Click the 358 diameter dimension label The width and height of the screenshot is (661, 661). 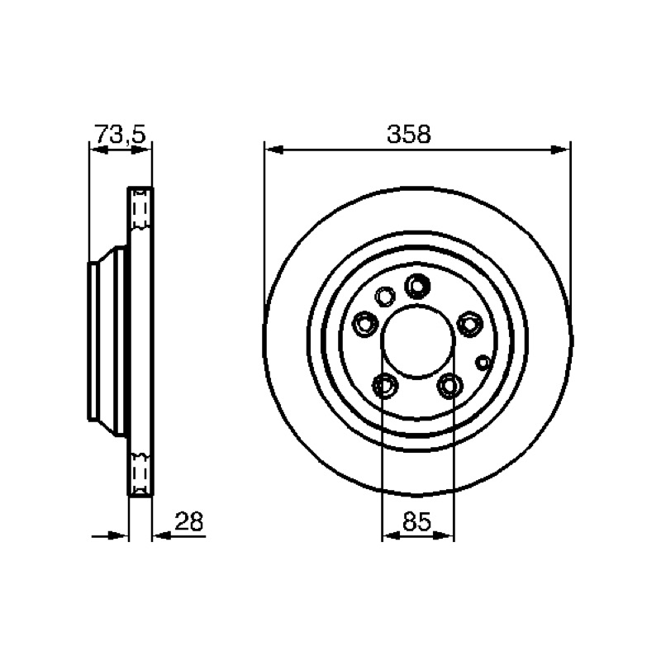[409, 134]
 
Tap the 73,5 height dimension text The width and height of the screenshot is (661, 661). [120, 134]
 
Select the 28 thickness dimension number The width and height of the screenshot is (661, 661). [189, 521]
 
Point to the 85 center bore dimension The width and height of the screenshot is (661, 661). [416, 521]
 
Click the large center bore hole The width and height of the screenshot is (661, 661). [418, 341]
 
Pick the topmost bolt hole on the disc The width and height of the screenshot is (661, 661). [417, 286]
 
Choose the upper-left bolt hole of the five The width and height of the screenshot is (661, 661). [364, 324]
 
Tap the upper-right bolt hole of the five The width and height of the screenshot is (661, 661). [469, 324]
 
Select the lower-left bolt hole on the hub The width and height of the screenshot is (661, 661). [385, 385]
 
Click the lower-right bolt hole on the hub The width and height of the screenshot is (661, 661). [449, 385]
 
